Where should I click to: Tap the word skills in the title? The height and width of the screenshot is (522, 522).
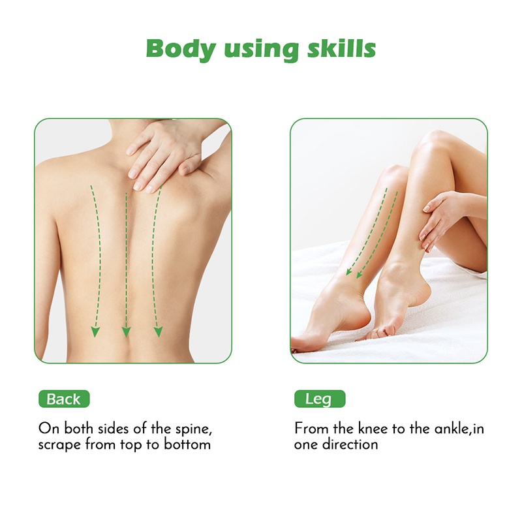[341, 48]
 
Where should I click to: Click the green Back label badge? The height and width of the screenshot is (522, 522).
[64, 399]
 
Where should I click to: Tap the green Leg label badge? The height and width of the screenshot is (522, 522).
[320, 399]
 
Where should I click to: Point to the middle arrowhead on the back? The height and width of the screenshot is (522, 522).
[126, 332]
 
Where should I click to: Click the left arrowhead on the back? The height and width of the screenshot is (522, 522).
[95, 332]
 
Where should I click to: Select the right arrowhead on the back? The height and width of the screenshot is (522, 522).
[158, 332]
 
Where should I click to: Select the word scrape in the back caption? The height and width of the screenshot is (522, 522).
[59, 445]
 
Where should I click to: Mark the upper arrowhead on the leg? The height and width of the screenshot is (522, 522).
[349, 271]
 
